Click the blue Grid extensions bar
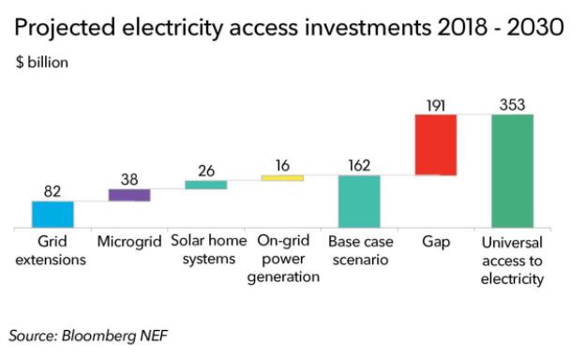[x=52, y=215]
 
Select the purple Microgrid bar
[x=129, y=195]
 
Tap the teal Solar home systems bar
[x=206, y=185]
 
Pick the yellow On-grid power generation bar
[x=282, y=178]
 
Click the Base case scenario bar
[x=359, y=202]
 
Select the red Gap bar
[x=436, y=144]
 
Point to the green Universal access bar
[x=513, y=171]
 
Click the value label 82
[x=52, y=191]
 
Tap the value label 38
[x=129, y=179]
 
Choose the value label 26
[x=206, y=171]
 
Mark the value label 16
[x=282, y=165]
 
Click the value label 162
[x=359, y=165]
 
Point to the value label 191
[x=436, y=106]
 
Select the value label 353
[x=513, y=105]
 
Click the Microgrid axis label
[x=129, y=242]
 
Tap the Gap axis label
[x=436, y=242]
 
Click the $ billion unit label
[x=42, y=62]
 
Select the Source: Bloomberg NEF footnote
[x=88, y=336]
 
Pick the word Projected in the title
[x=65, y=28]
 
